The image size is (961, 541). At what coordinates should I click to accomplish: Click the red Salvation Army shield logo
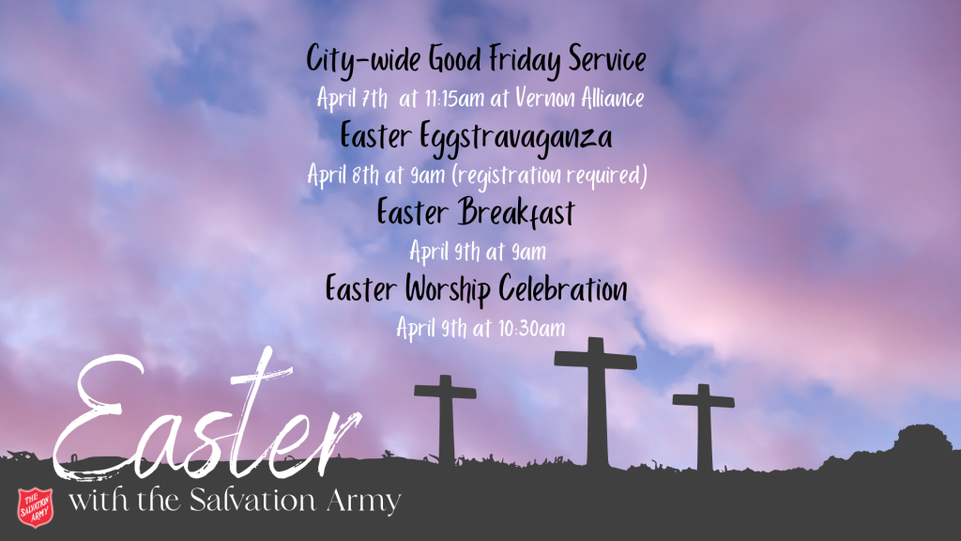pyautogui.click(x=35, y=507)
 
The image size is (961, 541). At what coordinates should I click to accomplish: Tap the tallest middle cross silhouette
pyautogui.click(x=595, y=402)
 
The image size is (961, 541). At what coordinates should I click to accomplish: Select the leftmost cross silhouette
pyautogui.click(x=446, y=420)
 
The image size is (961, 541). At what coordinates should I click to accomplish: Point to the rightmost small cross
pyautogui.click(x=704, y=427)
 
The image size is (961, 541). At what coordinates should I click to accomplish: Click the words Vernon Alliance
pyautogui.click(x=579, y=98)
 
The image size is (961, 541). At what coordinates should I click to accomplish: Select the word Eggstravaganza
pyautogui.click(x=515, y=137)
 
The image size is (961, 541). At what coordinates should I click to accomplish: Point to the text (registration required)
pyautogui.click(x=549, y=176)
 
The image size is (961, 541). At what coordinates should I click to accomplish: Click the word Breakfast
pyautogui.click(x=516, y=212)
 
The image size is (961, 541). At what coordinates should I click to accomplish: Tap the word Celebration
pyautogui.click(x=563, y=288)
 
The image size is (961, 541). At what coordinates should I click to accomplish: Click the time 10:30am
pyautogui.click(x=531, y=328)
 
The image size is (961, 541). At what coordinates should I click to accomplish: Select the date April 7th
pyautogui.click(x=353, y=98)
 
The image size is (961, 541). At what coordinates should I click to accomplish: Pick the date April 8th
pyautogui.click(x=343, y=176)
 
